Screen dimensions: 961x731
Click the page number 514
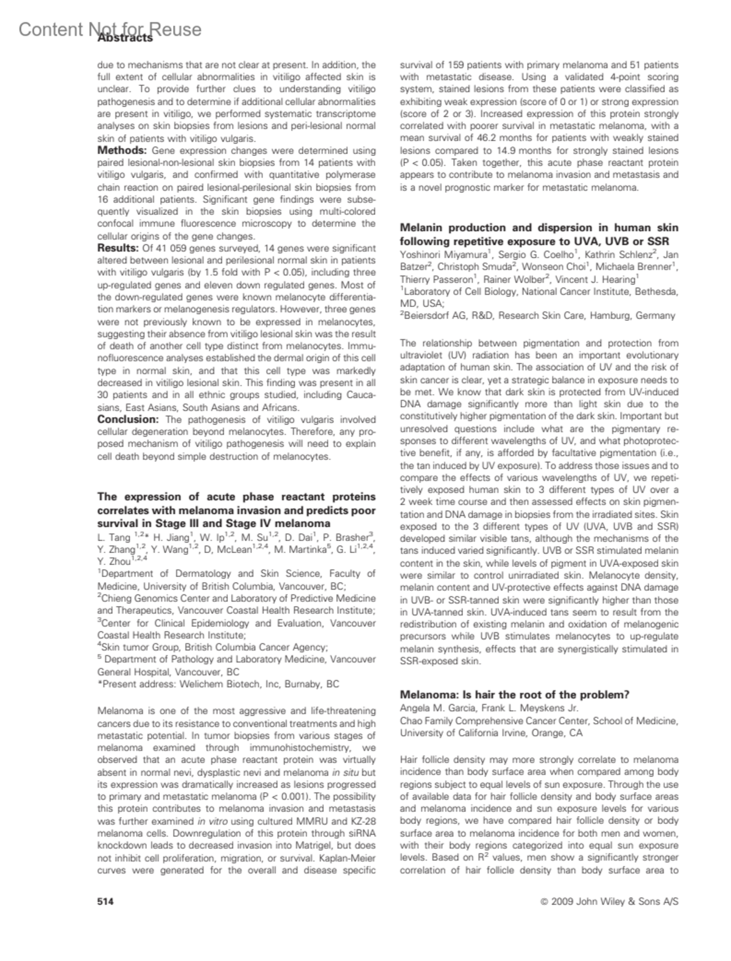pos(106,902)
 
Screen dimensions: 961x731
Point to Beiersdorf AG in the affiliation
pos(437,316)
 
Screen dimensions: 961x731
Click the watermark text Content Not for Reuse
pos(110,29)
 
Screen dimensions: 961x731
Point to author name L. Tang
pos(114,538)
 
